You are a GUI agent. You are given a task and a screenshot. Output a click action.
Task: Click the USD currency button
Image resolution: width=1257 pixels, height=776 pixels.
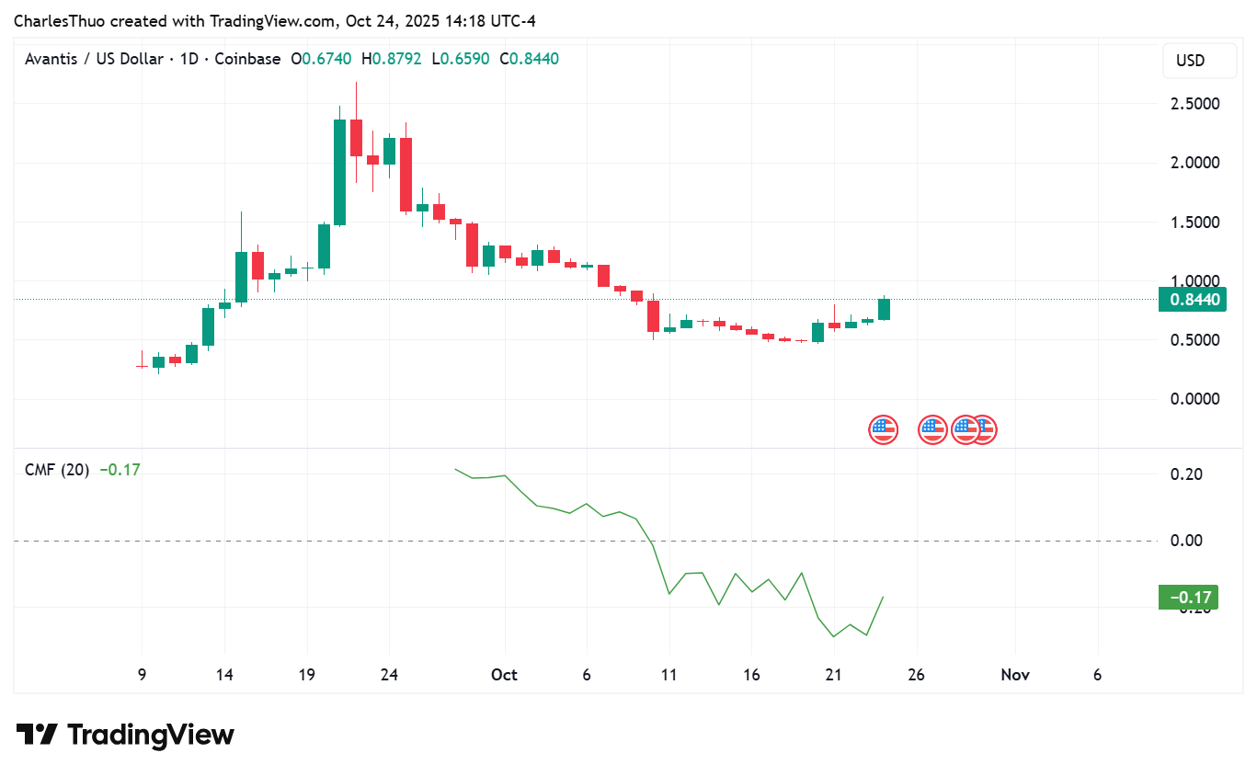coord(1190,62)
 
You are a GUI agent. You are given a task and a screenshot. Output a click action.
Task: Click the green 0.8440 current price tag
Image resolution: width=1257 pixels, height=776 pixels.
coord(1191,300)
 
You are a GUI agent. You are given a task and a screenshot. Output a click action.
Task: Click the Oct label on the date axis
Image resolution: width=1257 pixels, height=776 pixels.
coord(504,675)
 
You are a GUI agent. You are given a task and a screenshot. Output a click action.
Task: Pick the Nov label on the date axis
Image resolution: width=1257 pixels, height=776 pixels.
coord(1014,675)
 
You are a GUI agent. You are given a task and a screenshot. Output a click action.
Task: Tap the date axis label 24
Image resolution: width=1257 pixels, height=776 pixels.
coord(389,675)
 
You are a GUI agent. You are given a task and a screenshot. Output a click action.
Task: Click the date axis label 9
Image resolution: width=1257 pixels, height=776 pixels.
coord(142,675)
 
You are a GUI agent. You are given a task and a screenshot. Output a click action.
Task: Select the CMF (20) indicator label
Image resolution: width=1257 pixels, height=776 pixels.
coord(57,470)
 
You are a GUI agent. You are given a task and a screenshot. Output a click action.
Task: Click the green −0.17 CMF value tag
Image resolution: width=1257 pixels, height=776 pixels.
coord(1189,598)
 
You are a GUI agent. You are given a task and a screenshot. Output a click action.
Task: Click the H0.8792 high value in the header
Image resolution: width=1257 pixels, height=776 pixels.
coord(391,59)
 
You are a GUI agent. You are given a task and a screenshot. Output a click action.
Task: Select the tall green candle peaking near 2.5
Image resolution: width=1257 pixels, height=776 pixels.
coord(339,172)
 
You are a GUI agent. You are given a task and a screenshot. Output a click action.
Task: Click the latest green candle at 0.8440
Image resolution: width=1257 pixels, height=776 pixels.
coord(884,309)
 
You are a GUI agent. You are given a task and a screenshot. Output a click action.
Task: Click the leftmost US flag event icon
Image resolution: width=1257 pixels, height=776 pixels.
coord(883,429)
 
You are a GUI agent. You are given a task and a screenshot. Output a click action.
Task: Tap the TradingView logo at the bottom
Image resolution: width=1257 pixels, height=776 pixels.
coord(125,735)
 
